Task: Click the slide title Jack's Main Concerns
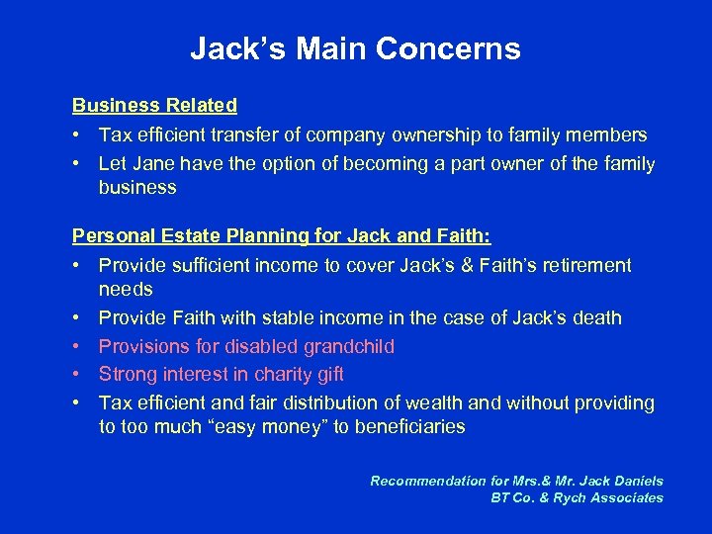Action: click(x=355, y=48)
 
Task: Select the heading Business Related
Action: click(x=154, y=105)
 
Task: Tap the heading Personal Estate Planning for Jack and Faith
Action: click(x=282, y=237)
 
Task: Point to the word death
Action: click(x=596, y=318)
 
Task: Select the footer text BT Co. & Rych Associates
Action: click(x=577, y=497)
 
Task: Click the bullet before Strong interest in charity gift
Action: click(x=77, y=374)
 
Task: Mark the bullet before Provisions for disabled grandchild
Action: click(x=77, y=346)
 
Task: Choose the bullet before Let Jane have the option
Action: click(x=77, y=163)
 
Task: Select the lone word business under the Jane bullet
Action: click(x=137, y=187)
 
